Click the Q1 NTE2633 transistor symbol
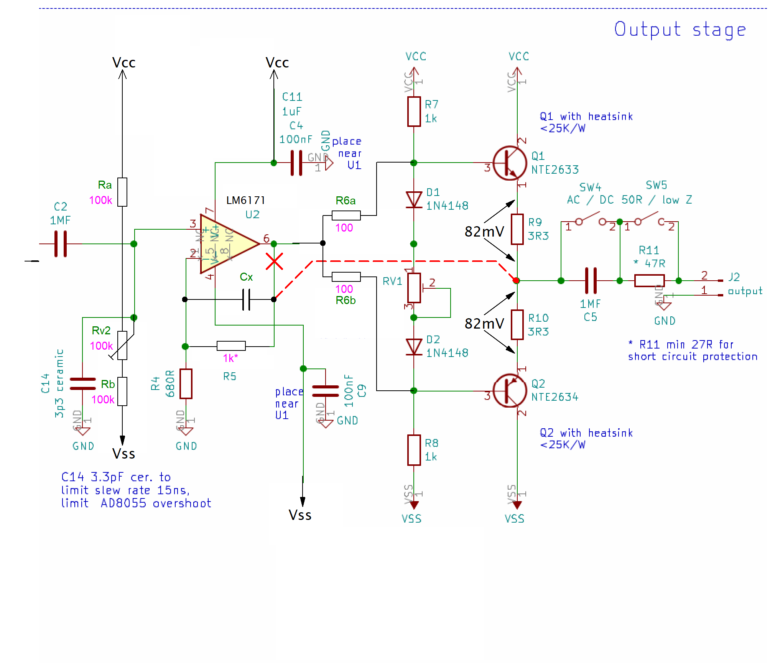pos(510,163)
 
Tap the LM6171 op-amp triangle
pos(226,244)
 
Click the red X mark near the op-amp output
pos(274,261)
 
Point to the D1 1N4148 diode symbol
pos(414,200)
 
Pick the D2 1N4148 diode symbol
pos(414,347)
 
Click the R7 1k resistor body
pos(414,112)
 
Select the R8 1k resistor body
pos(414,450)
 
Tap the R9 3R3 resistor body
pos(517,229)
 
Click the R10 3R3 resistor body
pos(517,325)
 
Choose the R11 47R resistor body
pos(649,281)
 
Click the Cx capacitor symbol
pos(246,299)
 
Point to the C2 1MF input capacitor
pos(61,244)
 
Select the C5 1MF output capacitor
pos(591,281)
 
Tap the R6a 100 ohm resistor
pos(346,215)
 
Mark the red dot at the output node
pos(517,281)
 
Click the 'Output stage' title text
pos(680,30)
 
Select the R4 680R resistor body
pos(186,384)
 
